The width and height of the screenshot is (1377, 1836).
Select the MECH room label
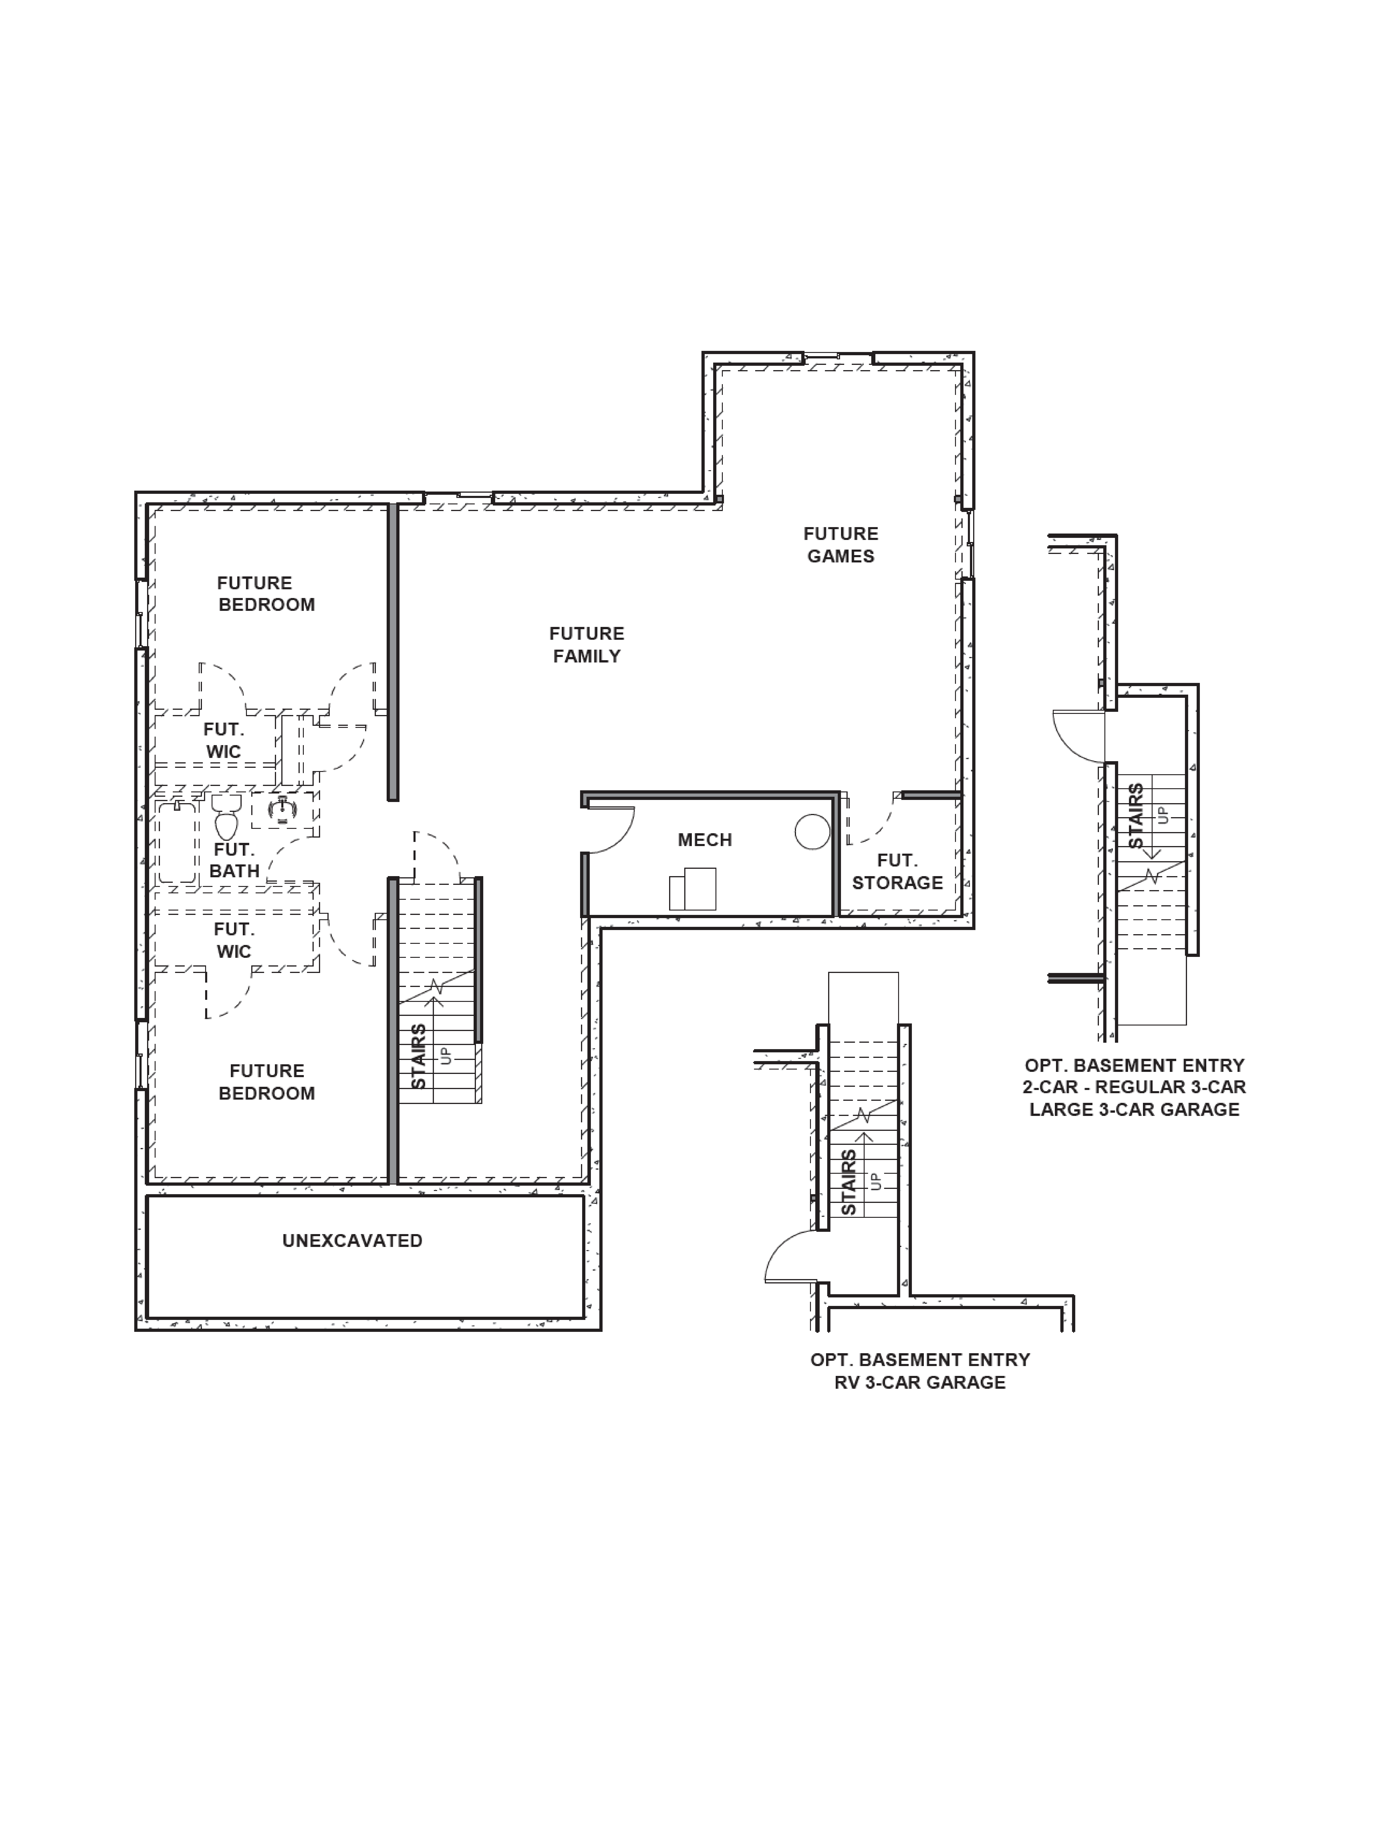point(705,840)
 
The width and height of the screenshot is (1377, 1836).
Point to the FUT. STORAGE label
point(897,872)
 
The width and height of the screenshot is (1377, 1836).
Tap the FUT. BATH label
point(234,860)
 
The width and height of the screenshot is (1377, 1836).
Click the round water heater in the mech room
point(812,832)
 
